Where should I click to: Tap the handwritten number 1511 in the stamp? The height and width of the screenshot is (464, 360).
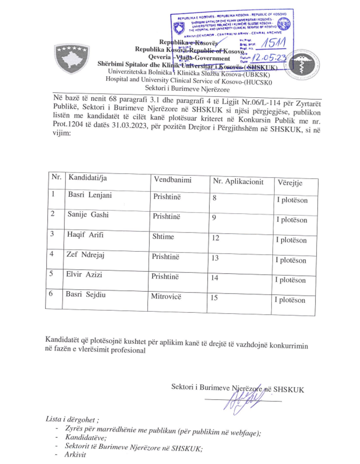click(x=273, y=43)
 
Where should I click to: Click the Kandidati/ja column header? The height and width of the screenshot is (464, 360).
click(x=87, y=178)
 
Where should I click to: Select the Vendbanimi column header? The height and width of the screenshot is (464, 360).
click(x=173, y=180)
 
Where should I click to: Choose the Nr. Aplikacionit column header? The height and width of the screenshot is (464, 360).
click(x=238, y=181)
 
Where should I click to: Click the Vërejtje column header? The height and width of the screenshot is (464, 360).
click(x=290, y=183)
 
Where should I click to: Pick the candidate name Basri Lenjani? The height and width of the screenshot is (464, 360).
click(x=90, y=195)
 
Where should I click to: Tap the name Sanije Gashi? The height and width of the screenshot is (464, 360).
click(x=88, y=215)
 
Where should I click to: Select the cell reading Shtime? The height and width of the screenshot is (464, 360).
click(x=163, y=237)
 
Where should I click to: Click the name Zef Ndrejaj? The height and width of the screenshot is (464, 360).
click(x=85, y=254)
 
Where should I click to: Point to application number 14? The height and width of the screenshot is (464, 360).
click(x=215, y=278)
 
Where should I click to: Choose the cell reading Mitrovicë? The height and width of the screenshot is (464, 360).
click(x=166, y=296)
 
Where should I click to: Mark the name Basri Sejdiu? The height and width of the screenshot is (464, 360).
click(x=85, y=294)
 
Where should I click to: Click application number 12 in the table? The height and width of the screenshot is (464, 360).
click(x=215, y=238)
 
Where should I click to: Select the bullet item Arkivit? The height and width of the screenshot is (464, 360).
click(x=75, y=454)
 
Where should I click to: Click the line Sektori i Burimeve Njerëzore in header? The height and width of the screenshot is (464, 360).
click(x=187, y=89)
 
